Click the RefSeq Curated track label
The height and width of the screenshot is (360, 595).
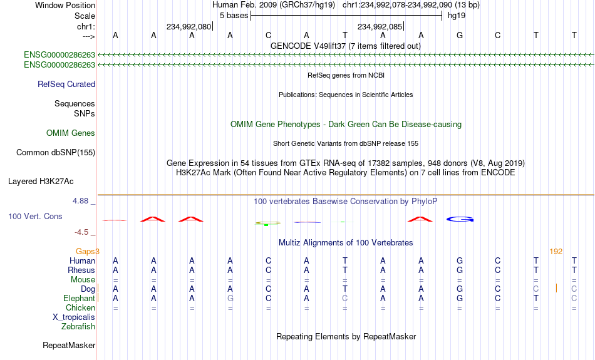click(66, 85)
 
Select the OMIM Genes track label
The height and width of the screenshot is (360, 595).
click(71, 133)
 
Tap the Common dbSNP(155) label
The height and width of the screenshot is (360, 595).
click(56, 153)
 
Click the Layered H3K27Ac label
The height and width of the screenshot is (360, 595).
click(41, 182)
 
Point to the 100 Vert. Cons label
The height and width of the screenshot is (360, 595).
click(35, 216)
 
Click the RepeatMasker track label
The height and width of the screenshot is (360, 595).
click(69, 345)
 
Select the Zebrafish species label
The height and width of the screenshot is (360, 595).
click(78, 327)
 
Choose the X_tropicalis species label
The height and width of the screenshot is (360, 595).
click(74, 317)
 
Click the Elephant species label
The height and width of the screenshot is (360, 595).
click(80, 299)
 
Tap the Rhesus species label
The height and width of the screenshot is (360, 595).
click(81, 270)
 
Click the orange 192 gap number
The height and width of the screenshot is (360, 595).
click(556, 252)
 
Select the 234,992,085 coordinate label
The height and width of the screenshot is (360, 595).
click(380, 26)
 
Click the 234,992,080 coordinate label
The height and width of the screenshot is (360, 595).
click(189, 26)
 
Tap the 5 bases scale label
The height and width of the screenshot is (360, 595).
click(234, 16)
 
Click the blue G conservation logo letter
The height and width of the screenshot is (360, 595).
click(460, 219)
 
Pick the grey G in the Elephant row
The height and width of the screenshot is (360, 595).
click(230, 299)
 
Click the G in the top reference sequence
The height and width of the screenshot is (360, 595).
click(460, 35)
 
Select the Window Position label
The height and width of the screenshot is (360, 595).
click(65, 5)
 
